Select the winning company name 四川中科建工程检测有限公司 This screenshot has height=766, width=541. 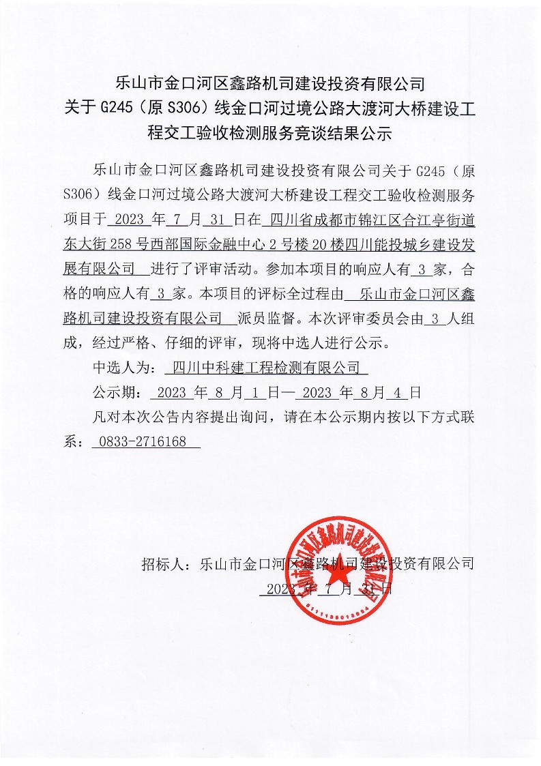tap(266, 369)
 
